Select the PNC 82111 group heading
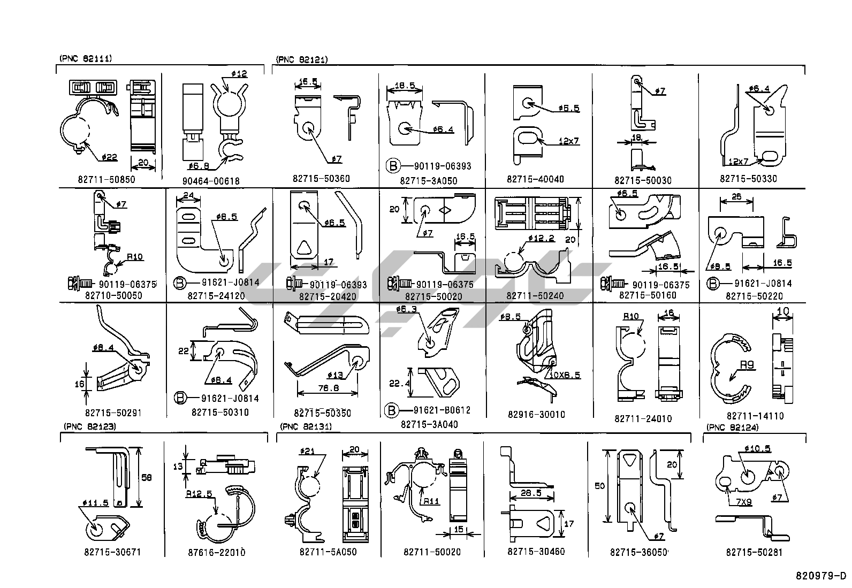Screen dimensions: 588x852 86,59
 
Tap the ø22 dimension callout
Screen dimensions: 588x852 108,157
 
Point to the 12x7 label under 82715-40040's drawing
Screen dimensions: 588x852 568,141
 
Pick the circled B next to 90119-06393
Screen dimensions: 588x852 392,166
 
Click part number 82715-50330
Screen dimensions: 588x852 748,179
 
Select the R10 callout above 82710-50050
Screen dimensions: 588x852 135,257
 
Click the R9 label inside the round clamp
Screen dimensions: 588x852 747,365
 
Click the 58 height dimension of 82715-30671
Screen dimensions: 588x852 148,477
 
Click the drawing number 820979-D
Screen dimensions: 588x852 821,576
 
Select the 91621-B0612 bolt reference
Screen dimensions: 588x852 443,410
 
